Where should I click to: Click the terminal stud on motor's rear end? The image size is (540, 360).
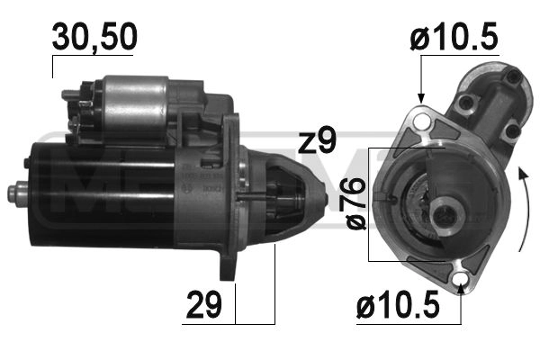coord(15,191)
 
